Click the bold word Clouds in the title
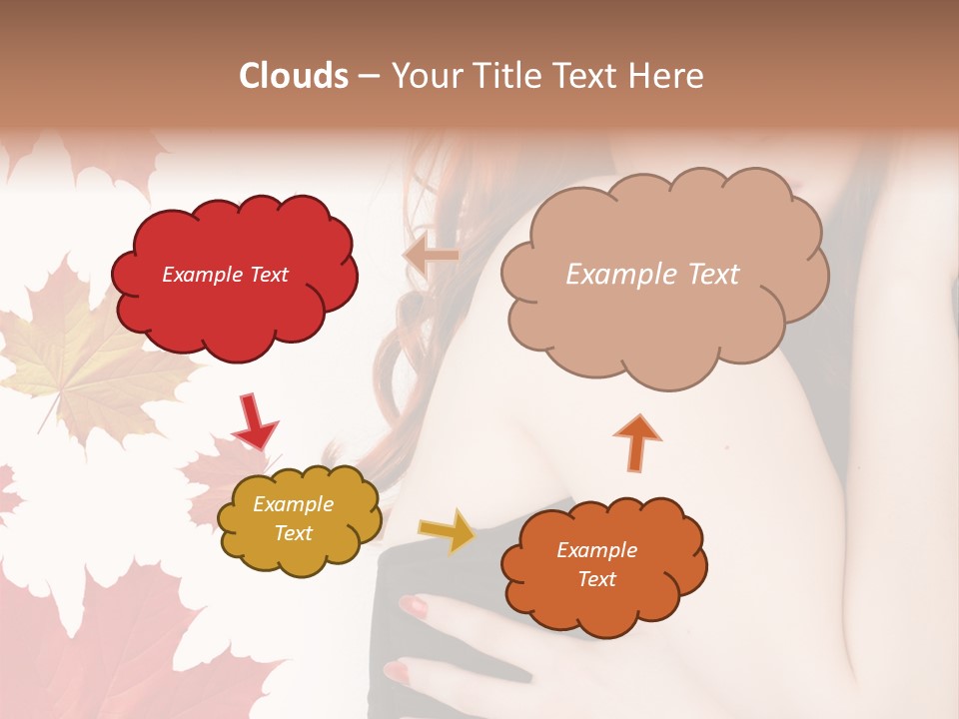[293, 76]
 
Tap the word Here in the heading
[667, 76]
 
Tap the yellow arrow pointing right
[447, 530]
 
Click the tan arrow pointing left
[431, 257]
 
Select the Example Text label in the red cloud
[225, 275]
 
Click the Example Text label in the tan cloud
[652, 275]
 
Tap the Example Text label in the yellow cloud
[293, 518]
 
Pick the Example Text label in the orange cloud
[596, 564]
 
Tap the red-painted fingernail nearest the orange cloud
[413, 605]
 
